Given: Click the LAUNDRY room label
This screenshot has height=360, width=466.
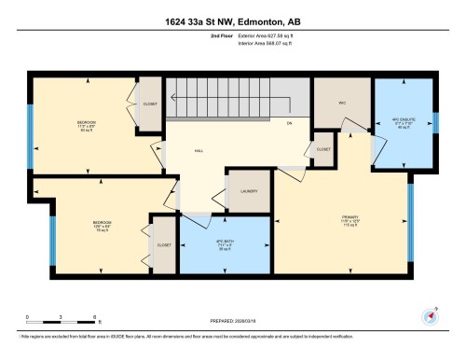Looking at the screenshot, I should pyautogui.click(x=247, y=191).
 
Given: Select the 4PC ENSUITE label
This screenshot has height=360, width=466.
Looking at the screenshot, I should pyautogui.click(x=402, y=121).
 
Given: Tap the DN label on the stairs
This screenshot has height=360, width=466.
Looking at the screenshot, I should pyautogui.click(x=290, y=123).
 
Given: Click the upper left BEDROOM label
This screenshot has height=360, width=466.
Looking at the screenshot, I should pyautogui.click(x=88, y=122).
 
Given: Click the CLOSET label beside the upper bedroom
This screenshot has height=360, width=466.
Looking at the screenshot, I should pyautogui.click(x=150, y=104).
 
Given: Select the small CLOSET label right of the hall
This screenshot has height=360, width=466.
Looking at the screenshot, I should pyautogui.click(x=322, y=149).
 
